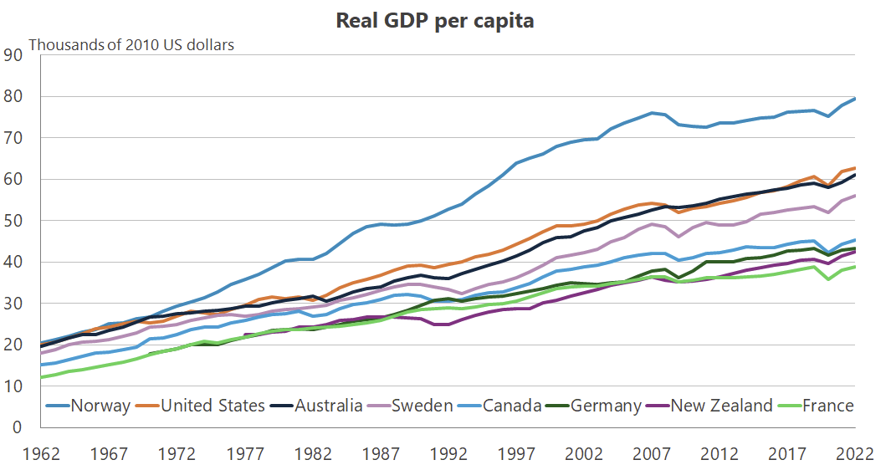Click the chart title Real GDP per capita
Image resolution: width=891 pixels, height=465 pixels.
click(x=434, y=21)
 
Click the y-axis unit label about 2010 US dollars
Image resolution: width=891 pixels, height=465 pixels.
click(x=131, y=44)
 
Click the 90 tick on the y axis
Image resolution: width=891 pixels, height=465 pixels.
click(x=13, y=55)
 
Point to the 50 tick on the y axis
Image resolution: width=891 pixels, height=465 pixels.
click(x=13, y=221)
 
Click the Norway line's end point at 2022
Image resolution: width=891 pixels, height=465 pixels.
click(x=854, y=99)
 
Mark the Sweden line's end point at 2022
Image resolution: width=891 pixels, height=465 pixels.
click(x=854, y=196)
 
